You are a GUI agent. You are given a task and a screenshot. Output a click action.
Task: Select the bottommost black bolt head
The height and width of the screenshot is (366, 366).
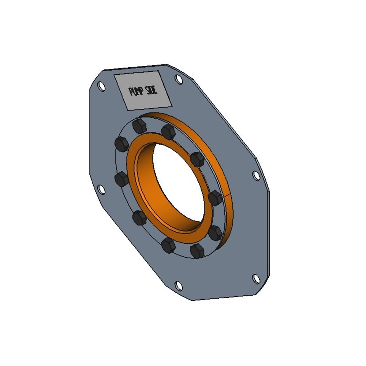pyautogui.click(x=197, y=251)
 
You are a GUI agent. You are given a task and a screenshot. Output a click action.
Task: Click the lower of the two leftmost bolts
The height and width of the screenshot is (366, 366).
pyautogui.click(x=122, y=179)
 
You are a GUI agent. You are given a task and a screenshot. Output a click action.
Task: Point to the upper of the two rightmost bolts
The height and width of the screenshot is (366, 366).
pyautogui.click(x=215, y=198)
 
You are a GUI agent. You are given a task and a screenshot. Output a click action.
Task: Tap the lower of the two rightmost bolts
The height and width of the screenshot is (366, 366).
pyautogui.click(x=215, y=233)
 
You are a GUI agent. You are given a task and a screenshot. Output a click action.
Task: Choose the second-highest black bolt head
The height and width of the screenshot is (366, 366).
pyautogui.click(x=168, y=132)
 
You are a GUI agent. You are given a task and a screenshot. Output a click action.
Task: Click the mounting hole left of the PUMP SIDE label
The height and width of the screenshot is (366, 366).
pyautogui.click(x=101, y=85)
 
